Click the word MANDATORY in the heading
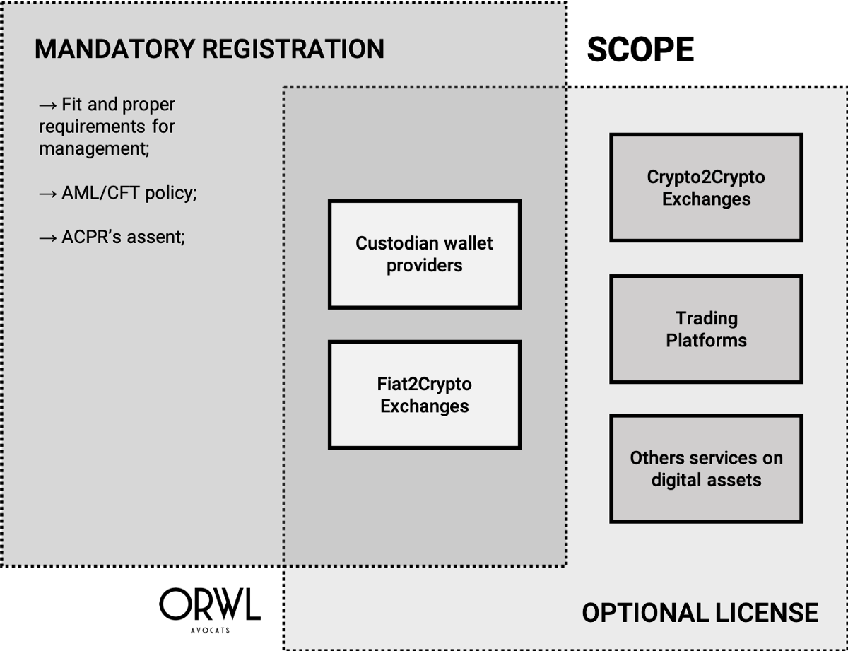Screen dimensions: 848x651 [114, 49]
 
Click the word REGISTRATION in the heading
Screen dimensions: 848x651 [293, 49]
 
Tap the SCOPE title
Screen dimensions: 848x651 [640, 49]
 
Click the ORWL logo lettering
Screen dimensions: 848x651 [210, 604]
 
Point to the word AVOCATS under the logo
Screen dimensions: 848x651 [210, 631]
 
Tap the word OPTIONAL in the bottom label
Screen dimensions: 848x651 [645, 613]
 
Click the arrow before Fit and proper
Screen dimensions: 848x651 [48, 105]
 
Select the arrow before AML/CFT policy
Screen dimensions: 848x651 [48, 194]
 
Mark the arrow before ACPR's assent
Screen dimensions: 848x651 [48, 238]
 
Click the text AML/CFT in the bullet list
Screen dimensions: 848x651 [100, 193]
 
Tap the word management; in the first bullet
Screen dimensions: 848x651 [94, 149]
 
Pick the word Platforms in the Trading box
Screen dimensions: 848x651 [707, 340]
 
